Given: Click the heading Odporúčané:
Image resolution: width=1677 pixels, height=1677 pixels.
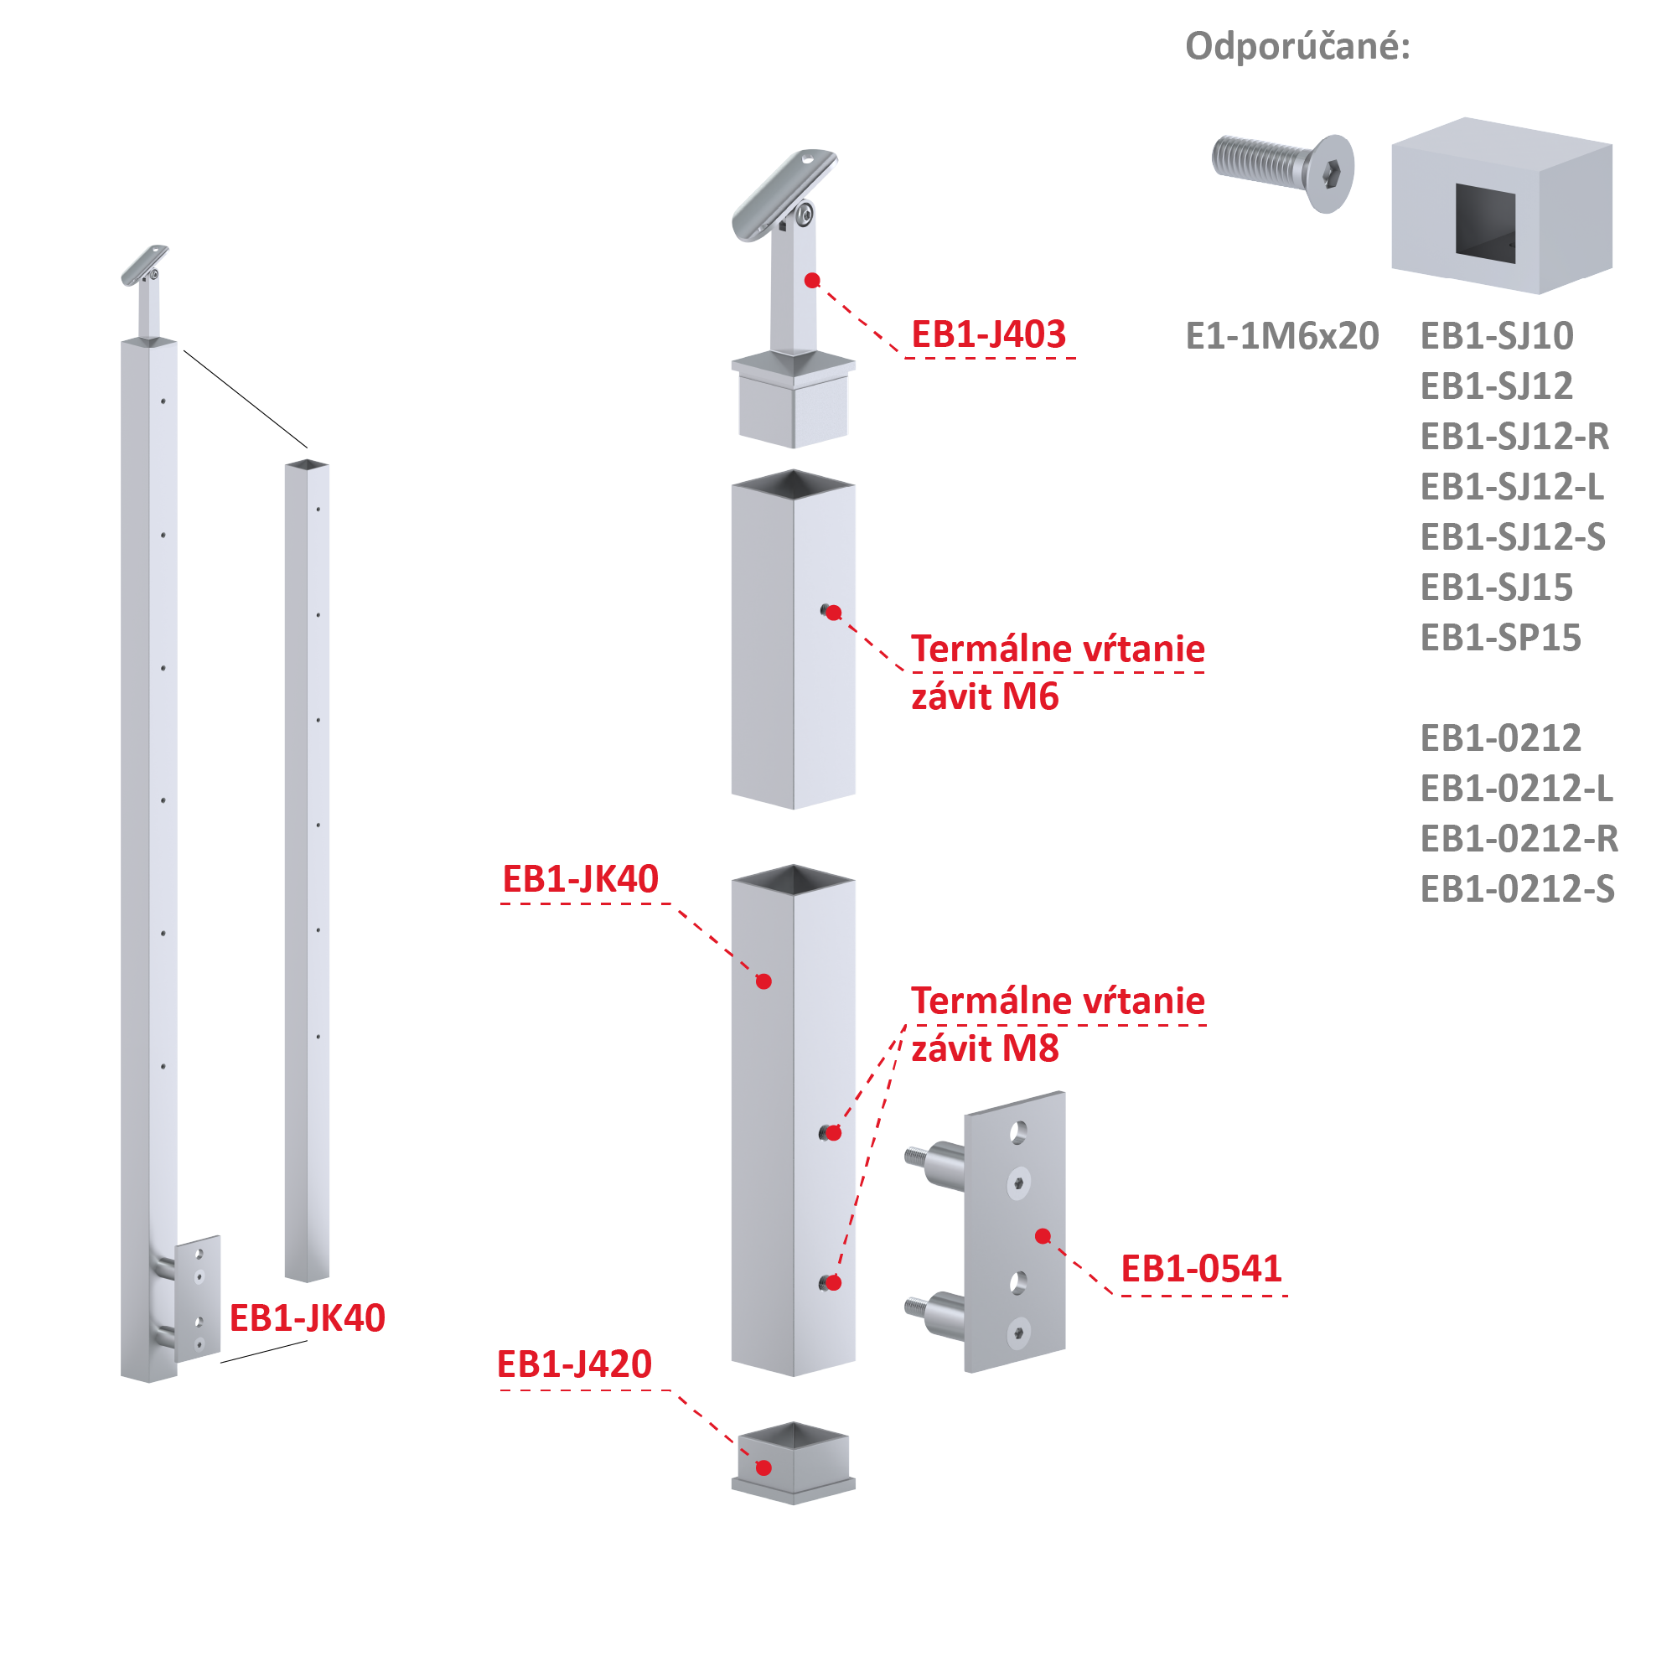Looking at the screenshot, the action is click(x=1297, y=46).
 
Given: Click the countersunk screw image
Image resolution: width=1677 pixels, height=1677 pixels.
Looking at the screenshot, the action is click(x=1283, y=172).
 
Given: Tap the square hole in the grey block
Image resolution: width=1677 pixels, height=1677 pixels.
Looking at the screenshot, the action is click(x=1485, y=222).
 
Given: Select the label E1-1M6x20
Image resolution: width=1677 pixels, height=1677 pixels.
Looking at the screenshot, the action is click(x=1282, y=336).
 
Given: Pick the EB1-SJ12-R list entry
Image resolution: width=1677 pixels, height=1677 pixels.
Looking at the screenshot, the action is click(x=1514, y=437).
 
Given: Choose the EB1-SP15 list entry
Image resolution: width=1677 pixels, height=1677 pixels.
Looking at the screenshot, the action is click(x=1501, y=638).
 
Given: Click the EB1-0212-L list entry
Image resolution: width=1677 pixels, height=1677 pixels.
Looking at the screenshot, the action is click(x=1516, y=789).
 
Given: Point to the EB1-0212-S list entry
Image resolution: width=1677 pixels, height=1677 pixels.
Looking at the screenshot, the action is click(x=1517, y=890).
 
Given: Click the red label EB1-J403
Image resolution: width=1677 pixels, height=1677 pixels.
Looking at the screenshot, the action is click(x=989, y=334).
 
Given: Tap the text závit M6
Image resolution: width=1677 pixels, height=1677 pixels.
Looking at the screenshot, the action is click(x=986, y=697).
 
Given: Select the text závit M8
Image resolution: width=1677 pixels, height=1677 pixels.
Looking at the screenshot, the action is click(x=986, y=1048).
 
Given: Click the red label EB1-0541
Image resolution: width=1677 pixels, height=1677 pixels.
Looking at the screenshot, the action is click(x=1201, y=1269).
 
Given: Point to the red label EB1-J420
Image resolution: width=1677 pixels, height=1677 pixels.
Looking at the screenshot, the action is click(x=574, y=1364).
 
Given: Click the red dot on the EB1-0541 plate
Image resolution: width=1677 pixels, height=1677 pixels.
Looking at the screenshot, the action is click(x=1043, y=1236).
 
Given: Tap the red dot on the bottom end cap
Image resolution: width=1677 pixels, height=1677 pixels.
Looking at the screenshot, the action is click(x=763, y=1467).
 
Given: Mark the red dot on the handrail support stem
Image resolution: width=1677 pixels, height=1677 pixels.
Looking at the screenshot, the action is click(x=812, y=281).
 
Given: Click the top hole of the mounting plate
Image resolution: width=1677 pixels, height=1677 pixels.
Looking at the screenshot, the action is click(x=1018, y=1133).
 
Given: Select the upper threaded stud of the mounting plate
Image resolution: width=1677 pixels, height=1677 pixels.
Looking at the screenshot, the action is click(x=934, y=1163).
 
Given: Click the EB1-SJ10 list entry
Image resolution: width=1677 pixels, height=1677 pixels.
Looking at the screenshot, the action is click(x=1497, y=336).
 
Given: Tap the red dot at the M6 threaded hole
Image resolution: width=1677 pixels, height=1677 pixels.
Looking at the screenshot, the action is click(x=834, y=613).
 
